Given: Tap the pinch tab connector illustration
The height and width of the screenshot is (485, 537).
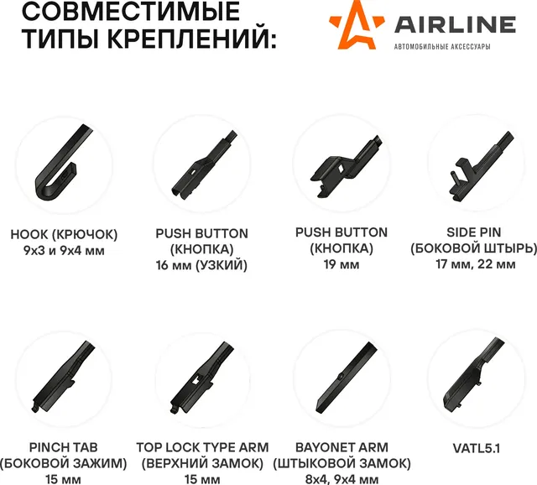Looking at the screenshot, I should pos(64,377).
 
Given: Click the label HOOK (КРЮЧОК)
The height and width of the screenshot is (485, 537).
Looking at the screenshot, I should pos(64,233).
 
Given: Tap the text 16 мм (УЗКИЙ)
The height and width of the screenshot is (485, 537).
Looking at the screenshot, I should pos(201,266).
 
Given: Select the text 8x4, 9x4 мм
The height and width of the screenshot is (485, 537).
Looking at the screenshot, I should pos(341,478).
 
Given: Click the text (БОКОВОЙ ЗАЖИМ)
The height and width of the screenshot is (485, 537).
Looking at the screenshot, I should pos(64,463).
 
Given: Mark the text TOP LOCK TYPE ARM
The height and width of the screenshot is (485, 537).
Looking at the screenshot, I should pos(201,447).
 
